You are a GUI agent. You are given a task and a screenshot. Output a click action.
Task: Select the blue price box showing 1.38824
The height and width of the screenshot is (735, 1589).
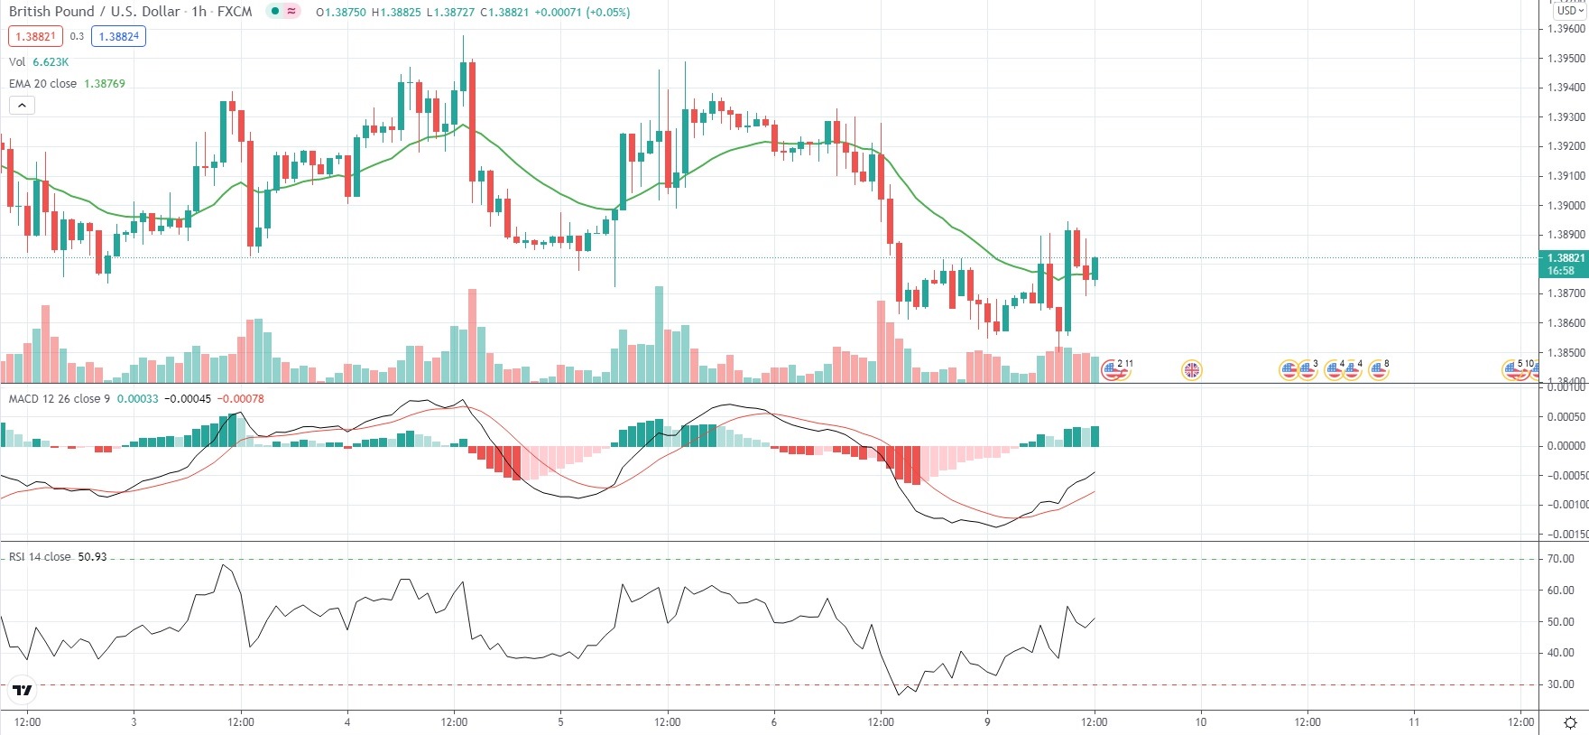click(x=119, y=36)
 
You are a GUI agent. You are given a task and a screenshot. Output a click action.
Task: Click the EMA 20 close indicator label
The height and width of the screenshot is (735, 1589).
click(x=42, y=83)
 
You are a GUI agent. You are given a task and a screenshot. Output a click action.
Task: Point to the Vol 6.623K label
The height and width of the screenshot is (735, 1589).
click(x=38, y=61)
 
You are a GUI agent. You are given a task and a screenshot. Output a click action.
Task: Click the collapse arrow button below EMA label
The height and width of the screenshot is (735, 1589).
click(x=23, y=105)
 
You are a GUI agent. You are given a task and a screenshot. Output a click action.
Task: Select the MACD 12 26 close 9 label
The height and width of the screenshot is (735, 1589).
click(x=60, y=398)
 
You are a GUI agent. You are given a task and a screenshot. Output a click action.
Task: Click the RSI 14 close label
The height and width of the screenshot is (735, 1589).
click(x=40, y=556)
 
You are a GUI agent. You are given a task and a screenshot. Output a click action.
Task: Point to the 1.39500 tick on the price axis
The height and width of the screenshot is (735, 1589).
click(x=1566, y=59)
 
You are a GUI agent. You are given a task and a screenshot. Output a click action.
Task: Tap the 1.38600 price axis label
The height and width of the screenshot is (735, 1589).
click(x=1566, y=323)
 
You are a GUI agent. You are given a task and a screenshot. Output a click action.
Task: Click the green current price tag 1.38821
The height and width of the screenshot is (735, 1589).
click(x=1564, y=263)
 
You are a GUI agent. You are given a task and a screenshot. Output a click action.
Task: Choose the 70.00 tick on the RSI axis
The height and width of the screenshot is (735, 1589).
click(x=1560, y=559)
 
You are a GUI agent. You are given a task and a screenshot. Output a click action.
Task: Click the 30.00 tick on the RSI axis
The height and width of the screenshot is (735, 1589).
click(x=1560, y=684)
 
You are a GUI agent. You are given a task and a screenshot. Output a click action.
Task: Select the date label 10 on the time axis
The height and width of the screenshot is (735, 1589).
click(x=1201, y=721)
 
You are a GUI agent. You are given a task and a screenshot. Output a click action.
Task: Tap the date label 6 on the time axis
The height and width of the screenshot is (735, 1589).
click(x=774, y=721)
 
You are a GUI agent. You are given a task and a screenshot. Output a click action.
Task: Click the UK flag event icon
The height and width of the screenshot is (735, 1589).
click(x=1192, y=369)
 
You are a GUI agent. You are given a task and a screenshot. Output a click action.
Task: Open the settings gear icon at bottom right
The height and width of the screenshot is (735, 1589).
click(x=1570, y=722)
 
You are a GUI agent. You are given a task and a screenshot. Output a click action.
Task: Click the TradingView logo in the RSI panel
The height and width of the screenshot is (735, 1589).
click(x=23, y=691)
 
